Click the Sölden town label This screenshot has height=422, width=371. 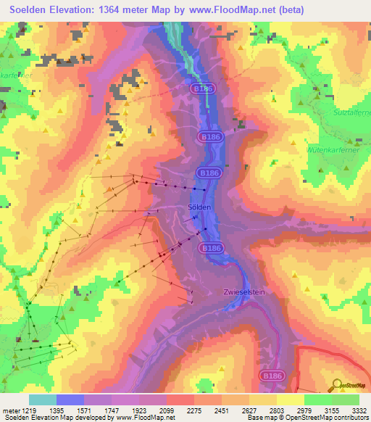[199, 207]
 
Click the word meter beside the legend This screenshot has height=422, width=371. [10, 410]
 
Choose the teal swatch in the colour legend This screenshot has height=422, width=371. [42, 400]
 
